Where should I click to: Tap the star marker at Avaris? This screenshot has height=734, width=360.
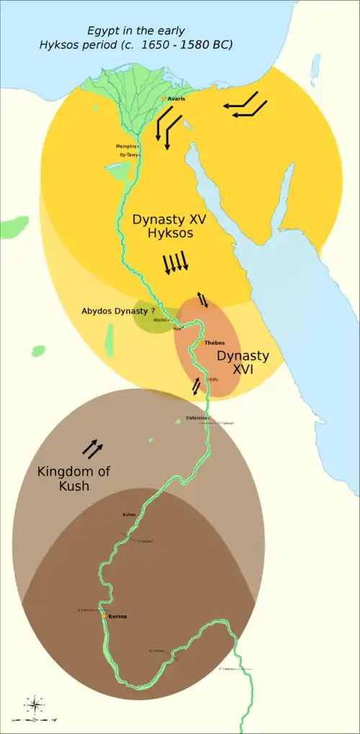(x=164, y=98)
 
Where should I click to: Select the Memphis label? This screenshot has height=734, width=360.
(x=125, y=146)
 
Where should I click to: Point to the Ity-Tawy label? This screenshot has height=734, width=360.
(x=128, y=155)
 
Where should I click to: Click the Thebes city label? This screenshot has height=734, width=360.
(x=215, y=343)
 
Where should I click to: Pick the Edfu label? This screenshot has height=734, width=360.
(x=214, y=379)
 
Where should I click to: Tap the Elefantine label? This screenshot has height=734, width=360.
(x=196, y=417)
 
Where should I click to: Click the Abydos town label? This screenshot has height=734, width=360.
(x=160, y=320)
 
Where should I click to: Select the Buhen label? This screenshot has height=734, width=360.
(x=129, y=515)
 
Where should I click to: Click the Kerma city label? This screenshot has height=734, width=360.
(x=117, y=616)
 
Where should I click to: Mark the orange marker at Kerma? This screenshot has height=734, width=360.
(x=105, y=616)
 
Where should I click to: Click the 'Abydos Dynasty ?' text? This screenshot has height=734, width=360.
(x=118, y=311)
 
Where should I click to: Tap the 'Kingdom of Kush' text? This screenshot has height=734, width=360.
(x=65, y=479)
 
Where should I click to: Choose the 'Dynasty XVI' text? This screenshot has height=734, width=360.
(x=243, y=363)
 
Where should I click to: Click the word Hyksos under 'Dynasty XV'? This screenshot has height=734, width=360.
(x=168, y=234)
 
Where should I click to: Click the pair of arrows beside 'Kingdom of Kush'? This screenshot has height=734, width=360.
(x=92, y=449)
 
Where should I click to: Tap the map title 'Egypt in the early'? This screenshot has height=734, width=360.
(x=136, y=31)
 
